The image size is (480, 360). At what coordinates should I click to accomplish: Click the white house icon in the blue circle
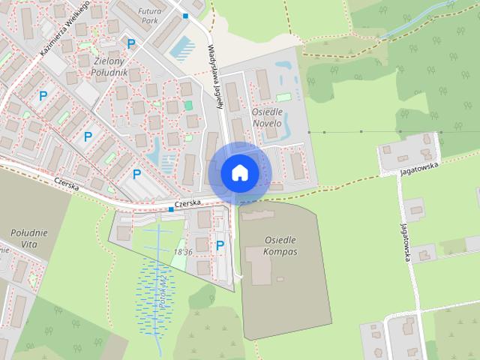point(239,172)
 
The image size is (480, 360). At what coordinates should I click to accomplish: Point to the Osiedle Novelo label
point(266,117)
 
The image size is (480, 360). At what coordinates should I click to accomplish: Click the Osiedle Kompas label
point(280,245)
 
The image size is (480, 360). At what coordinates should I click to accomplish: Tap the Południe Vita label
point(30,238)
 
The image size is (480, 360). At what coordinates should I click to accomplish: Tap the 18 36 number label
point(183,252)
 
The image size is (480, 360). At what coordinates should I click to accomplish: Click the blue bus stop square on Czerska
point(171,209)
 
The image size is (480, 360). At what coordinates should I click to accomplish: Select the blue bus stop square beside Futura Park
point(186,16)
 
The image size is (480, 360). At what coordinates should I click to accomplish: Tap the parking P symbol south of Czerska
point(220,244)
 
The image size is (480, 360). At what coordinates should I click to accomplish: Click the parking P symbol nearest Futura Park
point(132,44)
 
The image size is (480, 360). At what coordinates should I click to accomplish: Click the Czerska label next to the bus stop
point(187,203)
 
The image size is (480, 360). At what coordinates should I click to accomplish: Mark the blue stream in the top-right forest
point(412,26)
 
